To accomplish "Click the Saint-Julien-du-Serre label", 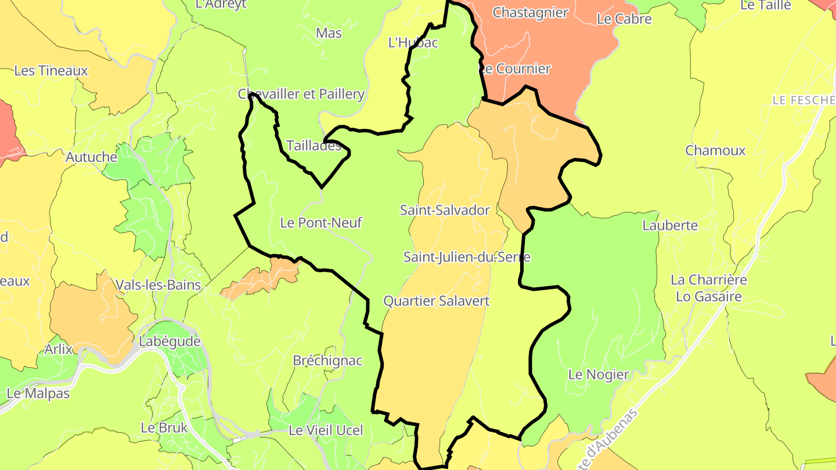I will click(x=467, y=256).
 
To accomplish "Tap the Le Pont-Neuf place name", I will click(x=321, y=222).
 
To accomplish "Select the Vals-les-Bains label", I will click(x=158, y=285).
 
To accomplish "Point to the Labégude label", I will click(x=170, y=341).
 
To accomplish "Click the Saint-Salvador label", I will click(x=445, y=210).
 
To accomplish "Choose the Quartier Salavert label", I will click(x=437, y=301).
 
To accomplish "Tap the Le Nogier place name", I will click(x=599, y=374).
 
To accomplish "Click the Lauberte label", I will click(x=670, y=225).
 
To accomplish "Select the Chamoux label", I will click(x=715, y=150).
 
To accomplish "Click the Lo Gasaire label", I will click(x=709, y=297).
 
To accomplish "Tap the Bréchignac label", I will click(x=327, y=360).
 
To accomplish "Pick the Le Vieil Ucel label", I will click(x=326, y=431).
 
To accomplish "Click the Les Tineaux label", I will click(x=51, y=71).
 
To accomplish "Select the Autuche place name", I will click(x=91, y=157).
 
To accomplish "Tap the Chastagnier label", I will click(x=530, y=13).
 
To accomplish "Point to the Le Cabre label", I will click(x=624, y=19).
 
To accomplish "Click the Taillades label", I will click(x=314, y=146).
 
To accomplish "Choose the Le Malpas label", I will click(x=38, y=393).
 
